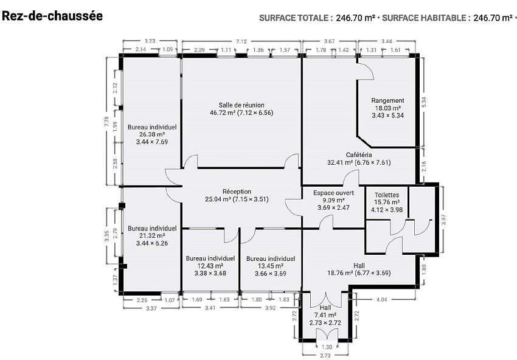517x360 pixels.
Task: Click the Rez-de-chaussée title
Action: point(52,16)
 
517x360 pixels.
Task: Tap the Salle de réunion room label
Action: point(241,105)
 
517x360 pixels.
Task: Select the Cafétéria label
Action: point(359,154)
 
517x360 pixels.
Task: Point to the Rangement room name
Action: point(387,100)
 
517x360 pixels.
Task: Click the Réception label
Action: point(237,192)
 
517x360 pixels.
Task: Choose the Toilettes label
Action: point(387,195)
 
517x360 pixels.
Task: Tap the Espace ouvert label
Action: point(334,193)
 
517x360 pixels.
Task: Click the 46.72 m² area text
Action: point(223,112)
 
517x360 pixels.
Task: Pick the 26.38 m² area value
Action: point(152,134)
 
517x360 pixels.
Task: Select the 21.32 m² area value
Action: point(152,236)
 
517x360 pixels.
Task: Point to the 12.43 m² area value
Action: point(210,266)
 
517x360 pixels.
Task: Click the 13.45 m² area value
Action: point(271,266)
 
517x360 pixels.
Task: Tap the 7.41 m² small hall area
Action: point(325,316)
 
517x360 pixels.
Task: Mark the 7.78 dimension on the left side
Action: point(106,122)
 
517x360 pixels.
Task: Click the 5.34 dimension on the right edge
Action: point(424,102)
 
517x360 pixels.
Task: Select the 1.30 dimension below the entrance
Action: point(327,347)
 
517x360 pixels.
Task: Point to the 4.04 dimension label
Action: point(381,300)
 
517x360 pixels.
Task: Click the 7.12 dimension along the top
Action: point(241,41)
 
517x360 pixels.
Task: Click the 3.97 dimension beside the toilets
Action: point(443,220)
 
